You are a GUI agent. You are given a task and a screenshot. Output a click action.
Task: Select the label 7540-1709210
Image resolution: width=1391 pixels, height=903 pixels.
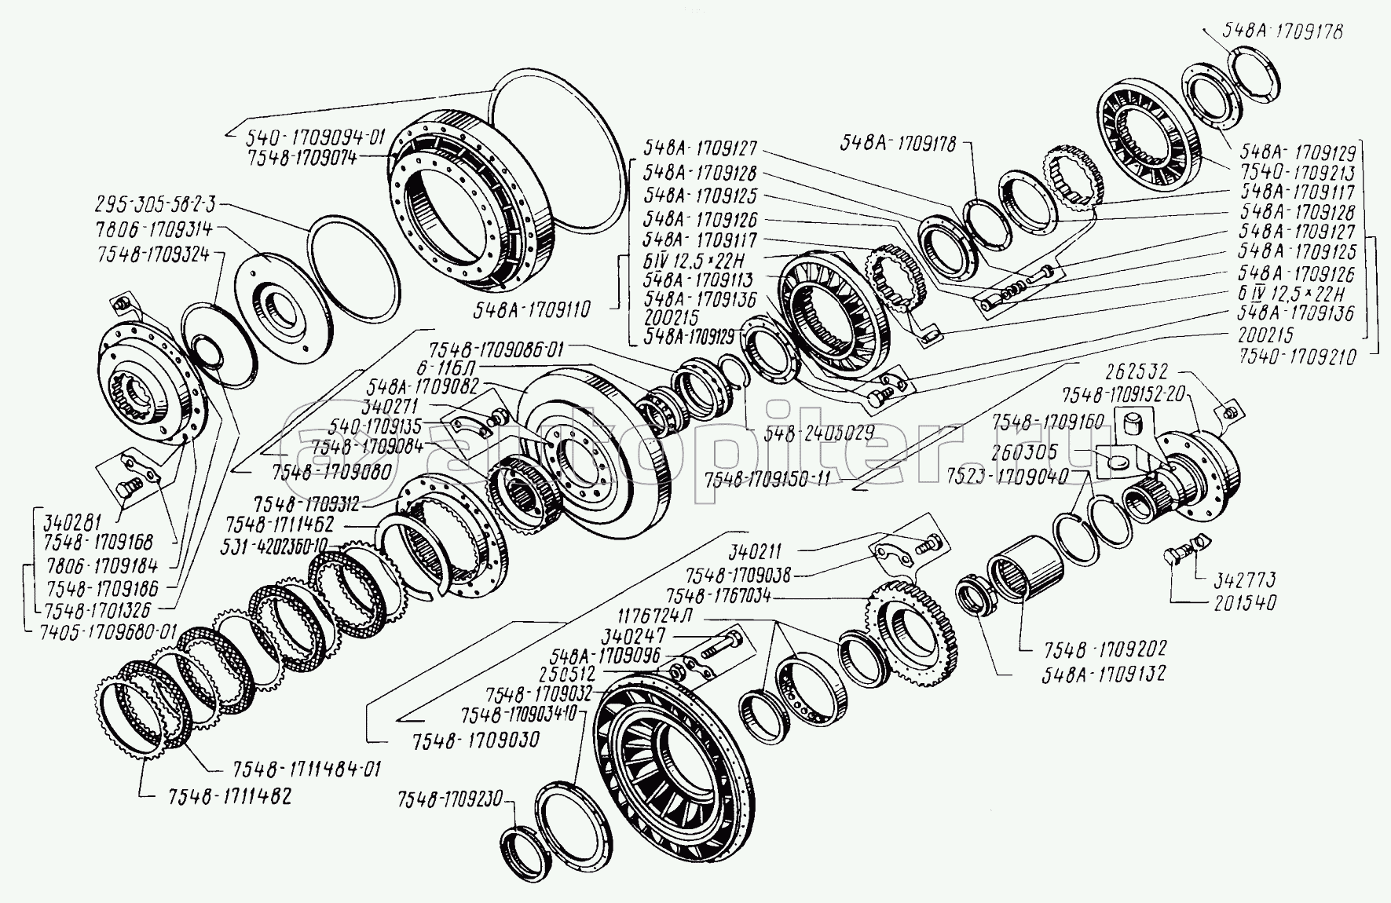tap(1299, 357)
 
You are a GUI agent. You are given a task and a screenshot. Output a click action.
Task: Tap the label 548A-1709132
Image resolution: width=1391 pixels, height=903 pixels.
tap(1104, 673)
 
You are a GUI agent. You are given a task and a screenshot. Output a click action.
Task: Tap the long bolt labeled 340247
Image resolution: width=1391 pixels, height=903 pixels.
tap(721, 643)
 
